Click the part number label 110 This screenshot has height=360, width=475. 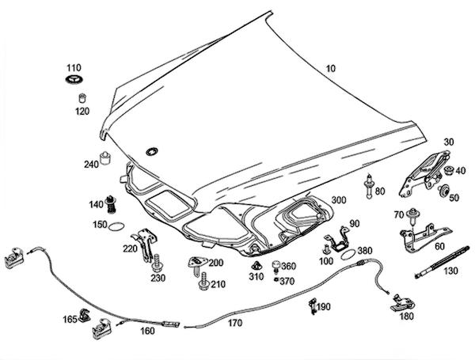click(73, 68)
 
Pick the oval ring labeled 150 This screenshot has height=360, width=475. click(116, 228)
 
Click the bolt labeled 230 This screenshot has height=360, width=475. click(158, 262)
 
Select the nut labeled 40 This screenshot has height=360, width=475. click(449, 170)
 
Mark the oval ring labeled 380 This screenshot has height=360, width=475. click(346, 255)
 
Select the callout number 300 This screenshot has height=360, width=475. click(340, 201)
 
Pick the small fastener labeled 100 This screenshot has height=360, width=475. click(326, 250)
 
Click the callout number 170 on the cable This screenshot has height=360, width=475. click(234, 323)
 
